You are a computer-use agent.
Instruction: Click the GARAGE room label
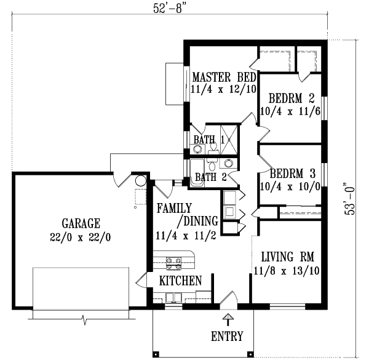point(81,223)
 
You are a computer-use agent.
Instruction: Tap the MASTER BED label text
point(224,78)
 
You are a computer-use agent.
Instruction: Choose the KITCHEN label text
point(181,281)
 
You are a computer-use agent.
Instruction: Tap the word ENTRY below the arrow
point(227,337)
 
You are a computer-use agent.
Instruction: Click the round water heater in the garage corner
point(141,182)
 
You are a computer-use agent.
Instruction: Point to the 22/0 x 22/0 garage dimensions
point(81,236)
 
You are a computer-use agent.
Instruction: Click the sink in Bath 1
point(192,148)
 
